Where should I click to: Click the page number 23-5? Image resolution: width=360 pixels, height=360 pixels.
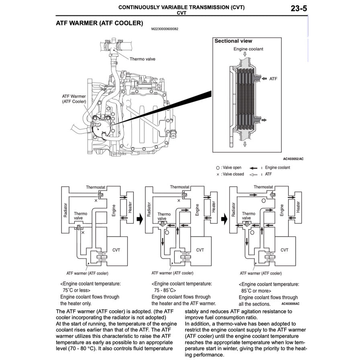tap(299, 8)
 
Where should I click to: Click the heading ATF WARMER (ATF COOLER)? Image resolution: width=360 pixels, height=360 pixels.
tap(99, 23)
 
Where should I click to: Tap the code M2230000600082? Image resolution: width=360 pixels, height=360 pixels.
tap(165, 29)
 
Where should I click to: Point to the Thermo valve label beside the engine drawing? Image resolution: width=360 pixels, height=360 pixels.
tap(142, 59)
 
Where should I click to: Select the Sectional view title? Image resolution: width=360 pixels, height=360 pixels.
tap(233, 41)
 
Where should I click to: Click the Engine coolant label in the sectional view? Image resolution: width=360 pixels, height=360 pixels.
tap(248, 49)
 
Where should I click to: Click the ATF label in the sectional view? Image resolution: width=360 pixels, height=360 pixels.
tap(273, 79)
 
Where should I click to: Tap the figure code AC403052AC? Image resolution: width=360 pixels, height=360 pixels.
tap(293, 159)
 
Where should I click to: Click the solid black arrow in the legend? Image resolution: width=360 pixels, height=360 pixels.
tap(253, 168)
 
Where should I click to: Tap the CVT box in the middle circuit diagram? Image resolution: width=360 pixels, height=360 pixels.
tap(200, 250)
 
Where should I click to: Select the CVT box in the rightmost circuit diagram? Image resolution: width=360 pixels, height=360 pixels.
tap(284, 250)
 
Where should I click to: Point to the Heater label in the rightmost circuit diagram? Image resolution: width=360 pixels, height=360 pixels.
tap(298, 207)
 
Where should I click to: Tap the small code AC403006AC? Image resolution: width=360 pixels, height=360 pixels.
tap(290, 304)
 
